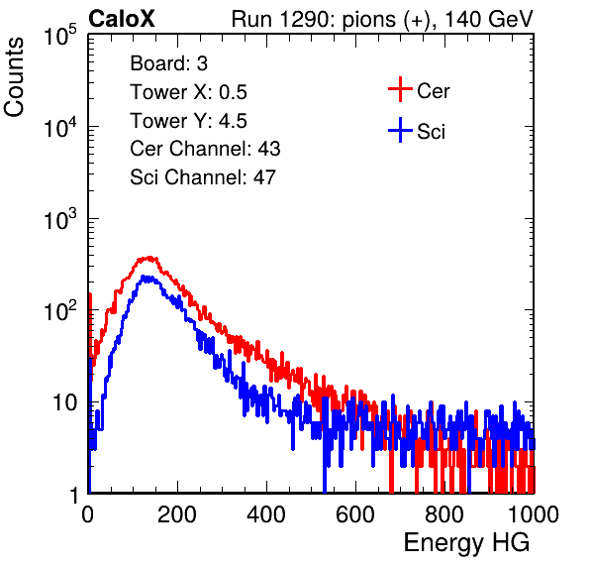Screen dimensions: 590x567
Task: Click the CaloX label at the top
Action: [122, 19]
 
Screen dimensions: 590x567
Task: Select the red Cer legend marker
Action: [400, 89]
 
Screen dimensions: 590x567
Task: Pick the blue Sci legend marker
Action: [400, 130]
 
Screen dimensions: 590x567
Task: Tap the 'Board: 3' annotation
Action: [169, 63]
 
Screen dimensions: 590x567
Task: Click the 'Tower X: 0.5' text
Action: [188, 92]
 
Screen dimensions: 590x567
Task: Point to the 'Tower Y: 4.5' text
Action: [188, 121]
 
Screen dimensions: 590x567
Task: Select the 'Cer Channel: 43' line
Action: [205, 149]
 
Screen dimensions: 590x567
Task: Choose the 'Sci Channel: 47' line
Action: [203, 177]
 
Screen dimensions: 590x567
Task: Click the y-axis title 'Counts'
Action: [14, 77]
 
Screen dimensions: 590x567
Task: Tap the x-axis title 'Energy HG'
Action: [466, 543]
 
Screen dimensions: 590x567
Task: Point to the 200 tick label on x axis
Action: [177, 514]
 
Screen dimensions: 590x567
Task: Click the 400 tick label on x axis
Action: [266, 514]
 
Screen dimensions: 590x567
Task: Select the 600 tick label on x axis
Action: [355, 514]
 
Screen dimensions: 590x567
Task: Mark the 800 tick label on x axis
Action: [444, 514]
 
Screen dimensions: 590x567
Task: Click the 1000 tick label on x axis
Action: [534, 514]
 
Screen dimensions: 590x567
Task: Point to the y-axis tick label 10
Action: [64, 402]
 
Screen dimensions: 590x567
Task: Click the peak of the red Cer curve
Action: [149, 258]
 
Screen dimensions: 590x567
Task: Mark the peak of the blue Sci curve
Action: [144, 277]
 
